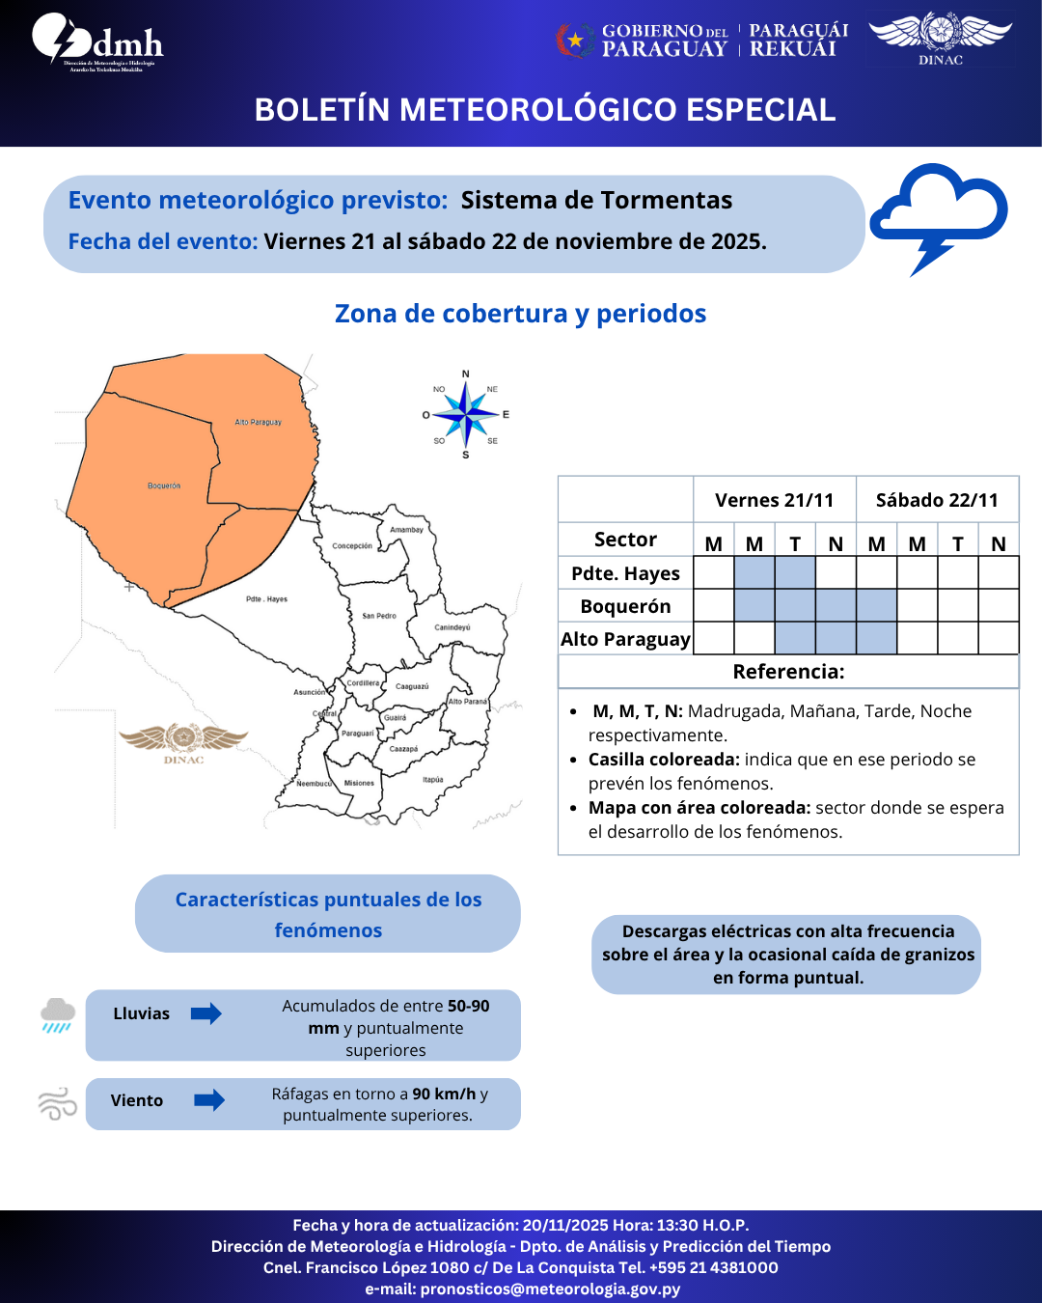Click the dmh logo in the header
pos(97,42)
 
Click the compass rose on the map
pos(466,415)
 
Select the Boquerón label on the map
pos(164,485)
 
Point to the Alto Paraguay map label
pos(258,422)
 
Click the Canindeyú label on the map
pos(452,627)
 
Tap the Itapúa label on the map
pos(432,780)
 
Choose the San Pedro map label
pos(379,616)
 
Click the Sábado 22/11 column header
pos(937,500)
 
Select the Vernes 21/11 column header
pos(774,500)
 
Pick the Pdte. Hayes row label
pos(625,573)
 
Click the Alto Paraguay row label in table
pos(625,639)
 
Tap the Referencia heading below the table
pos(788,672)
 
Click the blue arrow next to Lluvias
pos(206,1013)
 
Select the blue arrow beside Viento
pos(208,1100)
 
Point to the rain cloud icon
pos(58,1014)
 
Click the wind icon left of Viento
pos(57,1103)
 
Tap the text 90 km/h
pos(444,1094)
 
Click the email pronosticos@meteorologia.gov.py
pos(550,1289)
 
